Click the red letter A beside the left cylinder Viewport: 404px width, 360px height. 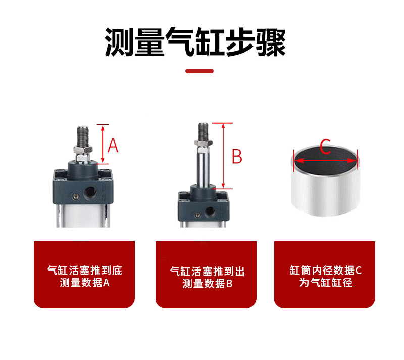coord(113,145)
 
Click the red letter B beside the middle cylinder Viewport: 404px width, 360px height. coord(237,156)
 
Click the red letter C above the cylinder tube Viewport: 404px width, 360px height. coord(325,146)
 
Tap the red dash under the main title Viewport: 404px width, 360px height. coord(199,71)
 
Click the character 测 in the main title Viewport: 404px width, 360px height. coord(119,42)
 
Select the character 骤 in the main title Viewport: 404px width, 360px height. coord(271,42)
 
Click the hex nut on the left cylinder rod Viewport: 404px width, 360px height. coord(83,149)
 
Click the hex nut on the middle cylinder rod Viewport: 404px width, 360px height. coord(204,143)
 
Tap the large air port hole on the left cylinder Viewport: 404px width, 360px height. coord(90,191)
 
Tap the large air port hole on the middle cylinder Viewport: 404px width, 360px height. coord(210,211)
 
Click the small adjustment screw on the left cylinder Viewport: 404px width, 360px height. coord(76,197)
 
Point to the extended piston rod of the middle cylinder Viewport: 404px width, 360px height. coord(204,166)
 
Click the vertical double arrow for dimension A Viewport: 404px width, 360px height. coord(103,144)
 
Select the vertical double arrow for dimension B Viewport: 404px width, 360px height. coord(223,156)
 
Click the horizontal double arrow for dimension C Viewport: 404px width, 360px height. coord(326,161)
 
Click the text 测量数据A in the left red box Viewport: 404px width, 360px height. coord(84,283)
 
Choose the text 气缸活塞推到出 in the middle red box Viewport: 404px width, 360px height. coord(207,272)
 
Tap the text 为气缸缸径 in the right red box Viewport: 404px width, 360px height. coord(326,282)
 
